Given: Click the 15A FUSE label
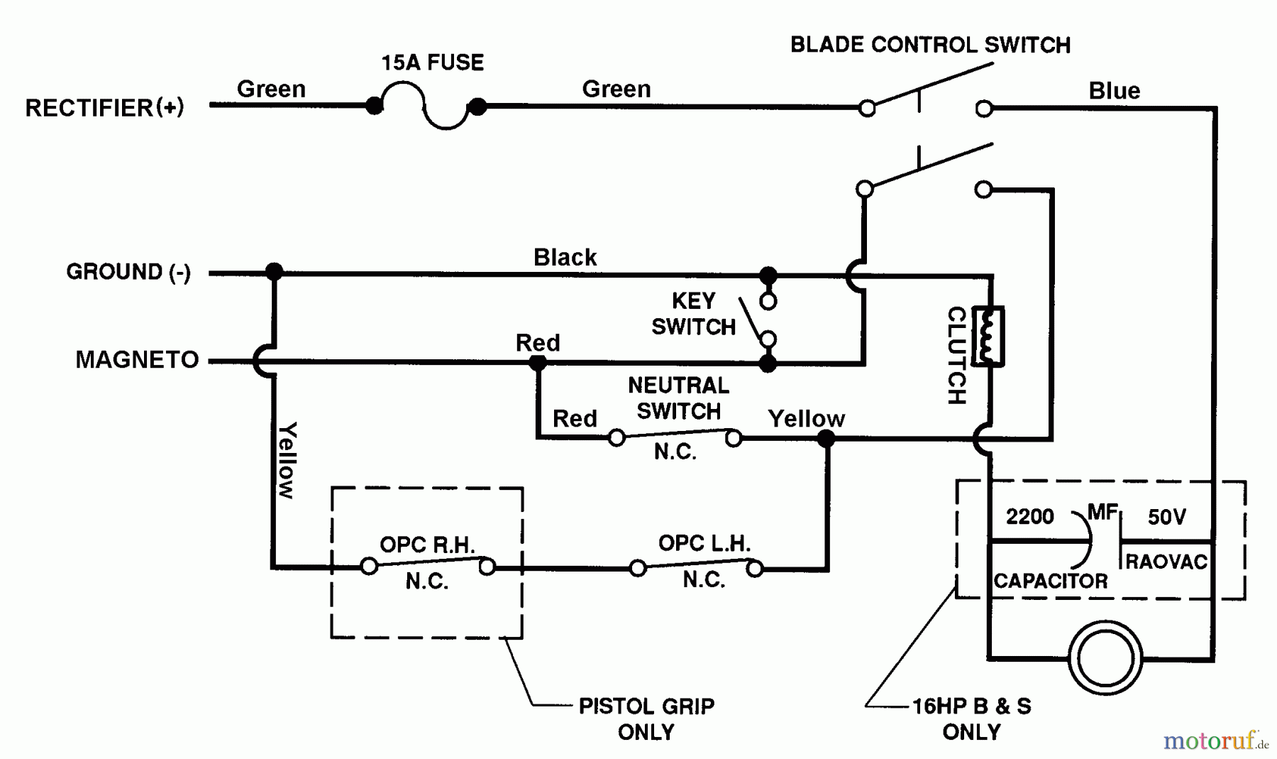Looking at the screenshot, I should click(433, 62).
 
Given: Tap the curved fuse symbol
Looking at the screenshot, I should click(426, 107).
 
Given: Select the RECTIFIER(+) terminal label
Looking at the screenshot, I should click(104, 107).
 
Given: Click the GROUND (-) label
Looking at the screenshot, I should click(128, 272).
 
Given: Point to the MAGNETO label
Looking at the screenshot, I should click(137, 360).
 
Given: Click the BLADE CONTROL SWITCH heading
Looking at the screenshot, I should click(930, 45).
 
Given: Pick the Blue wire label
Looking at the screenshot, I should click(1114, 91).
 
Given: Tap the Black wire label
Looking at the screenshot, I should click(565, 257).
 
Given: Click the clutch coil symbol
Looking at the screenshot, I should click(987, 337).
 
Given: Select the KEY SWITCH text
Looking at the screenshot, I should click(693, 314).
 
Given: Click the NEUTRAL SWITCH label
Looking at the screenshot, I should click(678, 398).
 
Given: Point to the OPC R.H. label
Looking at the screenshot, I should click(427, 545).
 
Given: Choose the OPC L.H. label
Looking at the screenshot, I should click(704, 543).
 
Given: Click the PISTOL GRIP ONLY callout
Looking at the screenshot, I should click(646, 719).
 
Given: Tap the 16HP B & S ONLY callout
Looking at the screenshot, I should click(971, 719).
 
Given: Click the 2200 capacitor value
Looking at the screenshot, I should click(1029, 516).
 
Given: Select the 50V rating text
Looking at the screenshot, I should click(1166, 517).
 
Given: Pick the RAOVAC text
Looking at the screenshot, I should click(1166, 562).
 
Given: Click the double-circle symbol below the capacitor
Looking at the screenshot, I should click(1105, 658).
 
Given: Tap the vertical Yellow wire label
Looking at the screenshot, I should click(287, 460).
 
